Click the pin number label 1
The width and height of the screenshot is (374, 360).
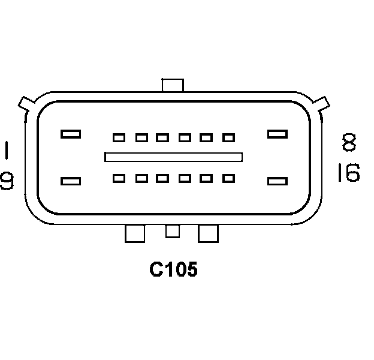[7, 150]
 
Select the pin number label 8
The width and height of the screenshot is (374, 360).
[349, 142]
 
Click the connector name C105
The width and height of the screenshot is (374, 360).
[173, 270]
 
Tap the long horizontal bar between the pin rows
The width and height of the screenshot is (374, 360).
[173, 157]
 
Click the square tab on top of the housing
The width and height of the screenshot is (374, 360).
[173, 85]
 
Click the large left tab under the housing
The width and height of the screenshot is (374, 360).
[135, 233]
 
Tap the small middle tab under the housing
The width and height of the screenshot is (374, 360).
[173, 230]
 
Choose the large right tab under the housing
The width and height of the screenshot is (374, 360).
[209, 233]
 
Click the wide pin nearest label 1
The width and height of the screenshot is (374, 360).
[71, 134]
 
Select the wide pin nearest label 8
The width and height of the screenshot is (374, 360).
[277, 134]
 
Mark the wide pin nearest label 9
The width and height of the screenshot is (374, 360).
[71, 181]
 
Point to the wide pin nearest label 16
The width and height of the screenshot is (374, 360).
[277, 181]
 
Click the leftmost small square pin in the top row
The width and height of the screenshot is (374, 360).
[119, 138]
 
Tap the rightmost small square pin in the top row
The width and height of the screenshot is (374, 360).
[228, 138]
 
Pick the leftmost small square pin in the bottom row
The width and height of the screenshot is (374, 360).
[119, 178]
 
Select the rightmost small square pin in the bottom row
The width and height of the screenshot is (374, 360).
[228, 178]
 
